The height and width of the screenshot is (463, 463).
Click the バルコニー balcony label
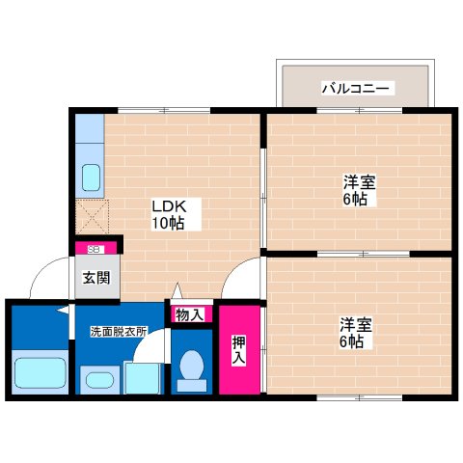coord(355,88)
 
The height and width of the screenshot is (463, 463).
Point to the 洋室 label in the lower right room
coord(353,323)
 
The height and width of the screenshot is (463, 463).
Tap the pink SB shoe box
coord(96,248)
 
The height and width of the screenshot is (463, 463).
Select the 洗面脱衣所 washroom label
coord(118,332)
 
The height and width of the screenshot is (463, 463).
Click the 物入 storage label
coord(189,313)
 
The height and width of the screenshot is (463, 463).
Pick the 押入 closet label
coord(238,349)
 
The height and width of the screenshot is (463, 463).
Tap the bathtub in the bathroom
coord(40,373)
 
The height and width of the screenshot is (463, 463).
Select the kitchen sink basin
coord(91,177)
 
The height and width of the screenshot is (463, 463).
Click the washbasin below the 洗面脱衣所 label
coord(96,378)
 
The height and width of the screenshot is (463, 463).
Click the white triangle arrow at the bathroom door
coord(62,311)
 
